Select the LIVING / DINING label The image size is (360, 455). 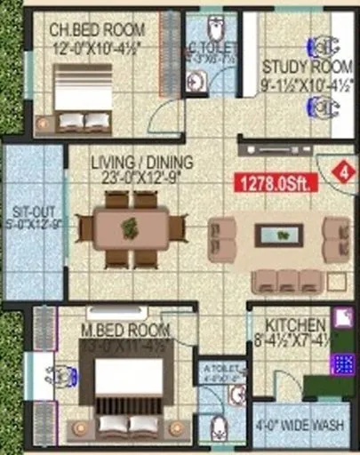134,161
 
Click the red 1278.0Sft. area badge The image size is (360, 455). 274,184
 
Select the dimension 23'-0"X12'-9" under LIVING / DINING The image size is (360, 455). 134,178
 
